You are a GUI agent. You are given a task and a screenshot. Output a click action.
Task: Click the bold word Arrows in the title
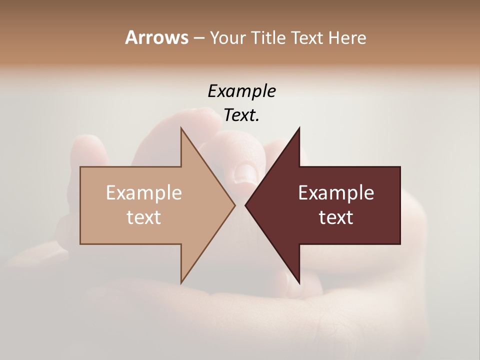tap(156, 37)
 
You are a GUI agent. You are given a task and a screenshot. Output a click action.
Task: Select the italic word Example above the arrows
tap(241, 91)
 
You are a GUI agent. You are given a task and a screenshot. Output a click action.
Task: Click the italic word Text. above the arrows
tap(241, 115)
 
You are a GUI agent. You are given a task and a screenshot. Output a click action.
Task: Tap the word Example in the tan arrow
tap(143, 193)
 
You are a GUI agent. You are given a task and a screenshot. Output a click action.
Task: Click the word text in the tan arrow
tap(143, 217)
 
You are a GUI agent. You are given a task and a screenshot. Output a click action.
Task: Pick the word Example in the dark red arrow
tap(336, 193)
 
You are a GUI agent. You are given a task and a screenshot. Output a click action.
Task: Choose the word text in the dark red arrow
tap(336, 217)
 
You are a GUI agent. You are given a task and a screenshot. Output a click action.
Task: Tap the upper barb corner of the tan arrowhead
tap(181, 129)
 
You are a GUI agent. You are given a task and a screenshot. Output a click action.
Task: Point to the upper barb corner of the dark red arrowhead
tap(299, 129)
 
